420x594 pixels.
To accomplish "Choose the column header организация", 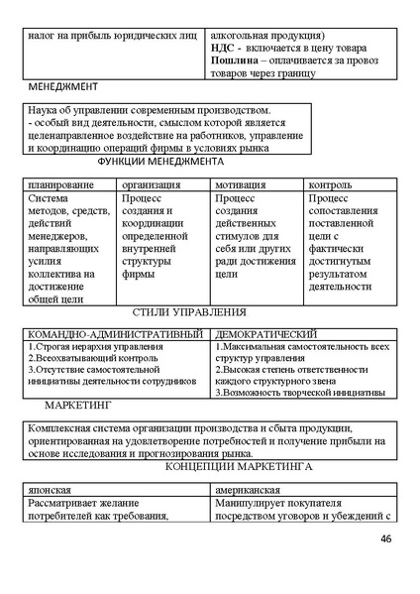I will click(151, 184).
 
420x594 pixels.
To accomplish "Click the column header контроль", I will click(330, 184).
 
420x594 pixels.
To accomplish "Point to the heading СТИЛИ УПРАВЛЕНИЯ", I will click(189, 311).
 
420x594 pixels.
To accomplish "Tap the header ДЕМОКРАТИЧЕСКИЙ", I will click(265, 334).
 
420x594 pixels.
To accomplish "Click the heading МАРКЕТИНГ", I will click(78, 407).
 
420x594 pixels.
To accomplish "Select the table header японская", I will click(50, 490).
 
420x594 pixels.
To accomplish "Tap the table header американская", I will click(249, 490).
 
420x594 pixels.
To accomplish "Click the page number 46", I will click(385, 538).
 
